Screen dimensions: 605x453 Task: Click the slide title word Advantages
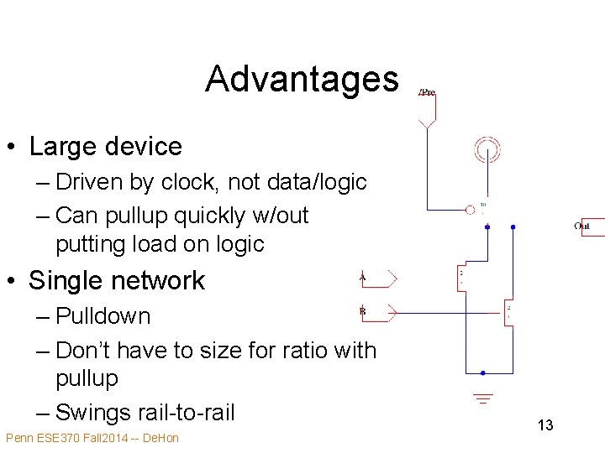pyautogui.click(x=302, y=79)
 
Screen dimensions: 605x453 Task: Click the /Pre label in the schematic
pyautogui.click(x=427, y=92)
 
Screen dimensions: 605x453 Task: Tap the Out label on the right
pyautogui.click(x=581, y=226)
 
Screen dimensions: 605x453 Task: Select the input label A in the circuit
pyautogui.click(x=362, y=276)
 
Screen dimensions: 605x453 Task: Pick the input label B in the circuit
pyautogui.click(x=362, y=311)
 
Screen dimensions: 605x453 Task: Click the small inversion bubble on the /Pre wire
pyautogui.click(x=471, y=208)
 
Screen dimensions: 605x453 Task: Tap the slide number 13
pyautogui.click(x=545, y=425)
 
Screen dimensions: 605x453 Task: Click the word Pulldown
pyautogui.click(x=103, y=316)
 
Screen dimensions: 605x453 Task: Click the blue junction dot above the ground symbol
pyautogui.click(x=482, y=372)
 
